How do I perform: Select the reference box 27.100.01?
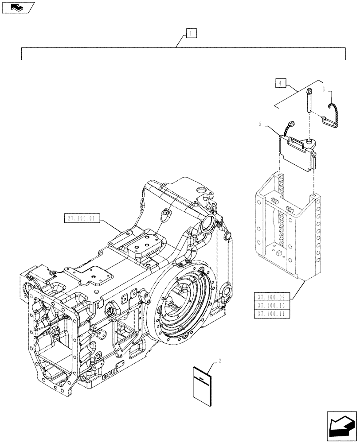pyautogui.click(x=83, y=218)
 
